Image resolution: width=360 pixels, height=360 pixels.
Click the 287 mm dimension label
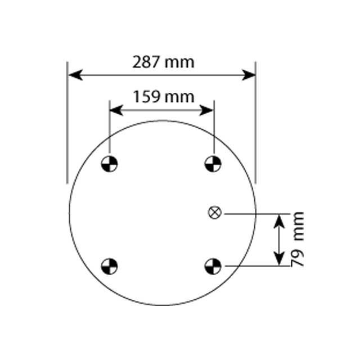click(x=163, y=62)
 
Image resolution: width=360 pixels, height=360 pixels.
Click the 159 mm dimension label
click(x=163, y=97)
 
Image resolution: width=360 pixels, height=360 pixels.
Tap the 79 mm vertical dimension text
click(x=298, y=238)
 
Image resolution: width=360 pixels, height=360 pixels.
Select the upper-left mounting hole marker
click(x=109, y=164)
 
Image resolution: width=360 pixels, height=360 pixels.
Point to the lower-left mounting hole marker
click(x=109, y=265)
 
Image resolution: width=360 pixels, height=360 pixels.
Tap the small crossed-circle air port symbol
click(x=214, y=213)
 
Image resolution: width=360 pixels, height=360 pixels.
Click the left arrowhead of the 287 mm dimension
click(x=74, y=75)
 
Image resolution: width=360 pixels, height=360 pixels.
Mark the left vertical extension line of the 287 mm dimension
click(x=67, y=129)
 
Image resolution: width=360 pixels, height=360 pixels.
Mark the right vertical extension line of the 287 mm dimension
click(x=255, y=129)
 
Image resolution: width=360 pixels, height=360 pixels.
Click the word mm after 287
click(x=181, y=62)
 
